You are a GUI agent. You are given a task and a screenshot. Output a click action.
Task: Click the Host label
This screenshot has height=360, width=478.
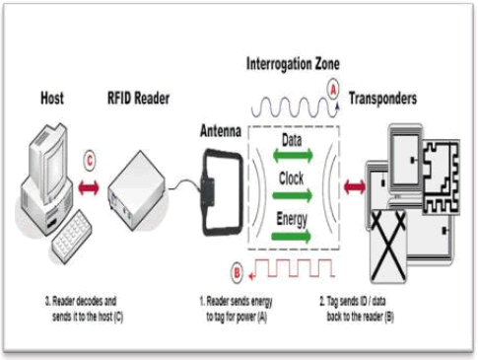click(x=52, y=98)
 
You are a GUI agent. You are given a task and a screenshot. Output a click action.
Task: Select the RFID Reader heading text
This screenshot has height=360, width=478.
click(x=138, y=98)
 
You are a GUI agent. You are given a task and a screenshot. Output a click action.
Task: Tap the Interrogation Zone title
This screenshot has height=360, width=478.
click(x=293, y=64)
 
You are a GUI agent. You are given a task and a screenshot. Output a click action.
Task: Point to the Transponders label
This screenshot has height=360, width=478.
click(x=382, y=99)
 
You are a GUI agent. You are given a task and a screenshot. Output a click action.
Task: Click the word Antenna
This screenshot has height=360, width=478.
click(x=221, y=131)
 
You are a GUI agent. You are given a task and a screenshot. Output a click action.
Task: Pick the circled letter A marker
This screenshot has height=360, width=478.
click(x=333, y=89)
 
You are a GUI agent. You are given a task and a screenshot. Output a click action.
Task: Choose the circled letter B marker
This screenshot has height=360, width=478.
click(x=237, y=273)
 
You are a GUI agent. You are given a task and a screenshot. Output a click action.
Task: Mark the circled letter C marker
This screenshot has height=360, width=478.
click(x=90, y=161)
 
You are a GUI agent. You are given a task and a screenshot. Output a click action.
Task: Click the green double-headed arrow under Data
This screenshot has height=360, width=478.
click(x=293, y=156)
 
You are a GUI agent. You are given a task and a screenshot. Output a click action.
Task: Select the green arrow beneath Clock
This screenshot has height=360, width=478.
click(x=292, y=195)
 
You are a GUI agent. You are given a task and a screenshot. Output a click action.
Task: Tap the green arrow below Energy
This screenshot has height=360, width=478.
click(x=291, y=236)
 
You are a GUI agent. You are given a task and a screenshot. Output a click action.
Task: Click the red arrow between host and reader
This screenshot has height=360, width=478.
click(x=89, y=188)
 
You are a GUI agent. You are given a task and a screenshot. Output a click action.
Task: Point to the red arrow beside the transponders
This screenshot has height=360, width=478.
click(x=355, y=187)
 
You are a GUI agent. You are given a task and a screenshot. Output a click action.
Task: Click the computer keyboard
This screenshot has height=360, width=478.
click(x=72, y=237)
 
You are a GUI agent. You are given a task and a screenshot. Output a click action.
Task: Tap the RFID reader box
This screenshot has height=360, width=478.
click(x=137, y=190)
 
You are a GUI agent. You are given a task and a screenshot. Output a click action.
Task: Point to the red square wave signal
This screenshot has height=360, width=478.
click(x=292, y=268)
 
